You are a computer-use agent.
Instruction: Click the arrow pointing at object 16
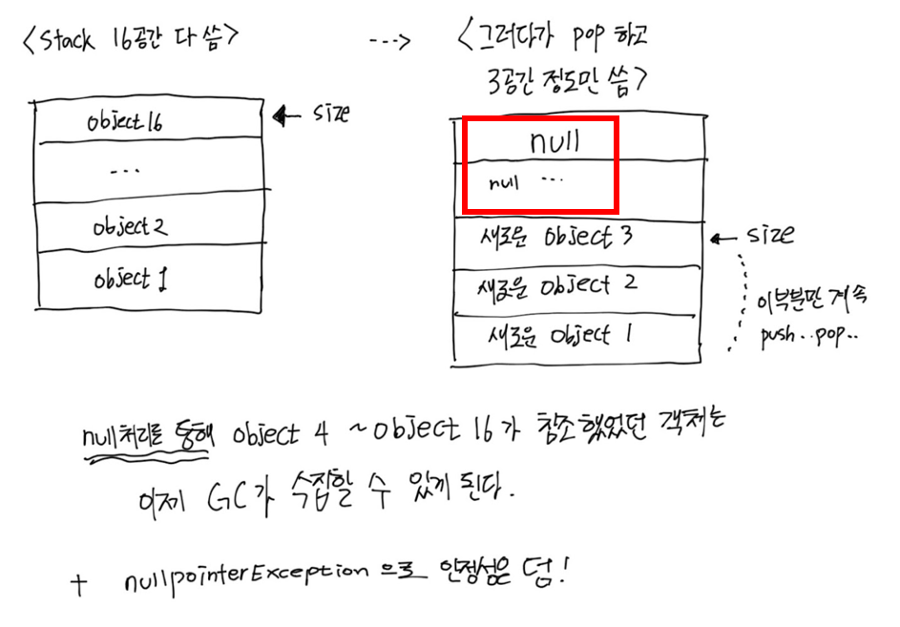point(285,116)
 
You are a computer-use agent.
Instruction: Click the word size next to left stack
point(330,115)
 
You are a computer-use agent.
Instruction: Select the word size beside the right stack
point(771,234)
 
